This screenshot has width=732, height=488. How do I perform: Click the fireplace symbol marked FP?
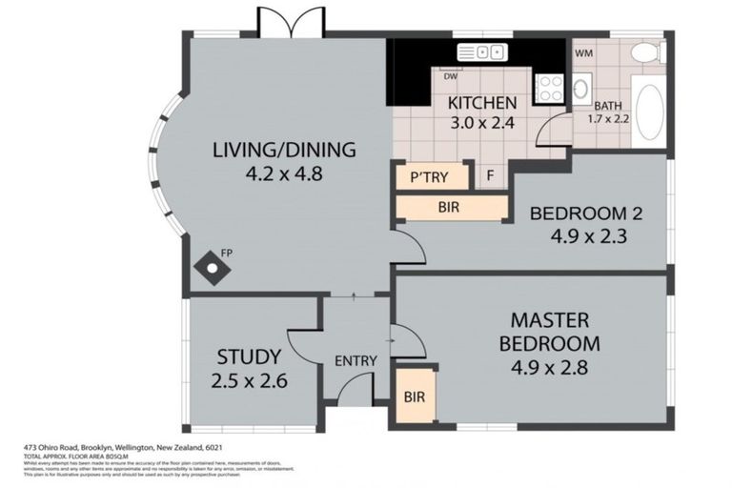[211, 269]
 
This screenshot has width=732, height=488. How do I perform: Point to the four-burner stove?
[551, 89]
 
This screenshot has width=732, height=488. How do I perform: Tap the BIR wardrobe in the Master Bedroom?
[415, 396]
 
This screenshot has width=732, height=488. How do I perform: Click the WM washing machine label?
[583, 54]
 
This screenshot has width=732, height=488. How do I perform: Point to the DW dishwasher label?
[448, 79]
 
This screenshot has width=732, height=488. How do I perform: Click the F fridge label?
[489, 176]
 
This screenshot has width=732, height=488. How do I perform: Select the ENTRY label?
[356, 360]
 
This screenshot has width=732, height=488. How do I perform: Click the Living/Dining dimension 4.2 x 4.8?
[284, 174]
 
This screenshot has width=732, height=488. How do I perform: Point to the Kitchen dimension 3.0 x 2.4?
[482, 123]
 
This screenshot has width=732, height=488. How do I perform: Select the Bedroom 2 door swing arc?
[408, 250]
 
